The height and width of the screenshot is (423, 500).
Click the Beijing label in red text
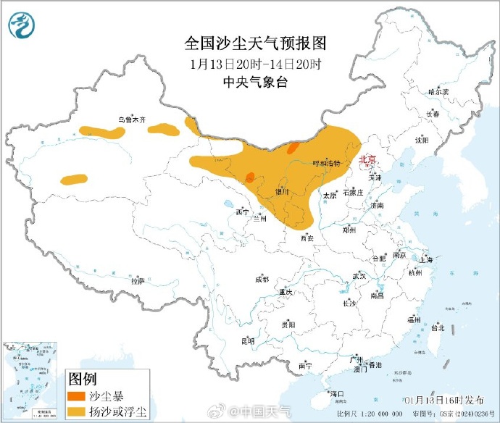368,159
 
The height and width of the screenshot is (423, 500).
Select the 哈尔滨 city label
438,92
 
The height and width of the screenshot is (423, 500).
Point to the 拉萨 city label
137,280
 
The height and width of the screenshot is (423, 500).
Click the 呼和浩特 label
325,164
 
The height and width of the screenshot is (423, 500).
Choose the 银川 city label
282,192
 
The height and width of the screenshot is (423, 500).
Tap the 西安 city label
307,238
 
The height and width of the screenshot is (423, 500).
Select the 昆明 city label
248,340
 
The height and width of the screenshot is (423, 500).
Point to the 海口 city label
336,394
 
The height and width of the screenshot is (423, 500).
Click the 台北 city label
438,327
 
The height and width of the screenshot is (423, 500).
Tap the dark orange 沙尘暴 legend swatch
75,397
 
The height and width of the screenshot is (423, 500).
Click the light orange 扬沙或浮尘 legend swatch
75,413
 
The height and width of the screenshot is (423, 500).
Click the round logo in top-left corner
22,27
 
